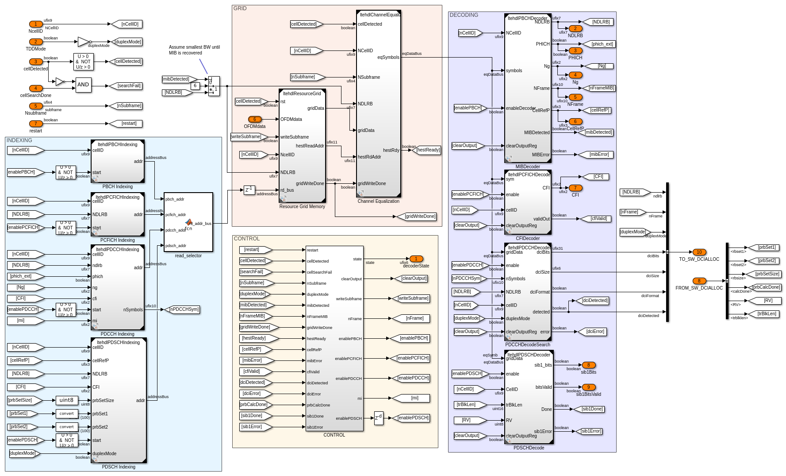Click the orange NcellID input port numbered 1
tap(36, 24)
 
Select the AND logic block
tap(83, 85)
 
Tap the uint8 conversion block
tap(67, 400)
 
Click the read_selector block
tap(188, 222)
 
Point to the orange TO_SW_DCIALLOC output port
tap(699, 252)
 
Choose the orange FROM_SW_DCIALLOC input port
tap(699, 281)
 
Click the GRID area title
tap(240, 8)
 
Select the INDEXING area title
tap(19, 140)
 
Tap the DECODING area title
tap(464, 15)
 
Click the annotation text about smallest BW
tap(194, 50)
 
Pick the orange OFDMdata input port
tap(255, 120)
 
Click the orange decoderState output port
tap(416, 259)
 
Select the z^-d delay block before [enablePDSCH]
tap(379, 418)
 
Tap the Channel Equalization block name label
tap(379, 201)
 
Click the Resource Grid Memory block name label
tap(302, 207)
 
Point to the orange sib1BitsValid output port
tap(589, 387)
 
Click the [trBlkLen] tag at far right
tap(767, 314)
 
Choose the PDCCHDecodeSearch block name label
tap(528, 345)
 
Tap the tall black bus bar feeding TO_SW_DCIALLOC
tap(667, 252)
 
